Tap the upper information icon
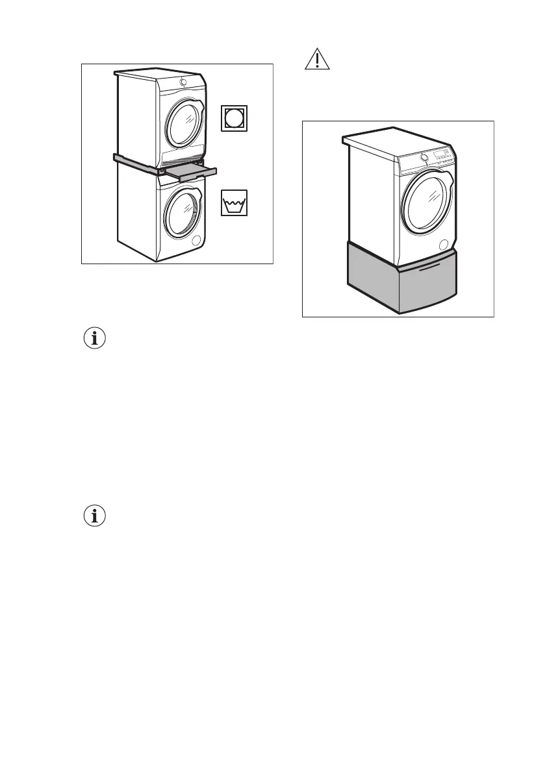tap(96, 338)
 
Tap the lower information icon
tap(96, 516)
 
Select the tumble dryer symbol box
tap(233, 117)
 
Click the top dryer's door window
tap(186, 122)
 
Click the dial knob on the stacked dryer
tap(183, 82)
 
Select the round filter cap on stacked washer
tap(196, 241)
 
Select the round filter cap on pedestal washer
tap(444, 245)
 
